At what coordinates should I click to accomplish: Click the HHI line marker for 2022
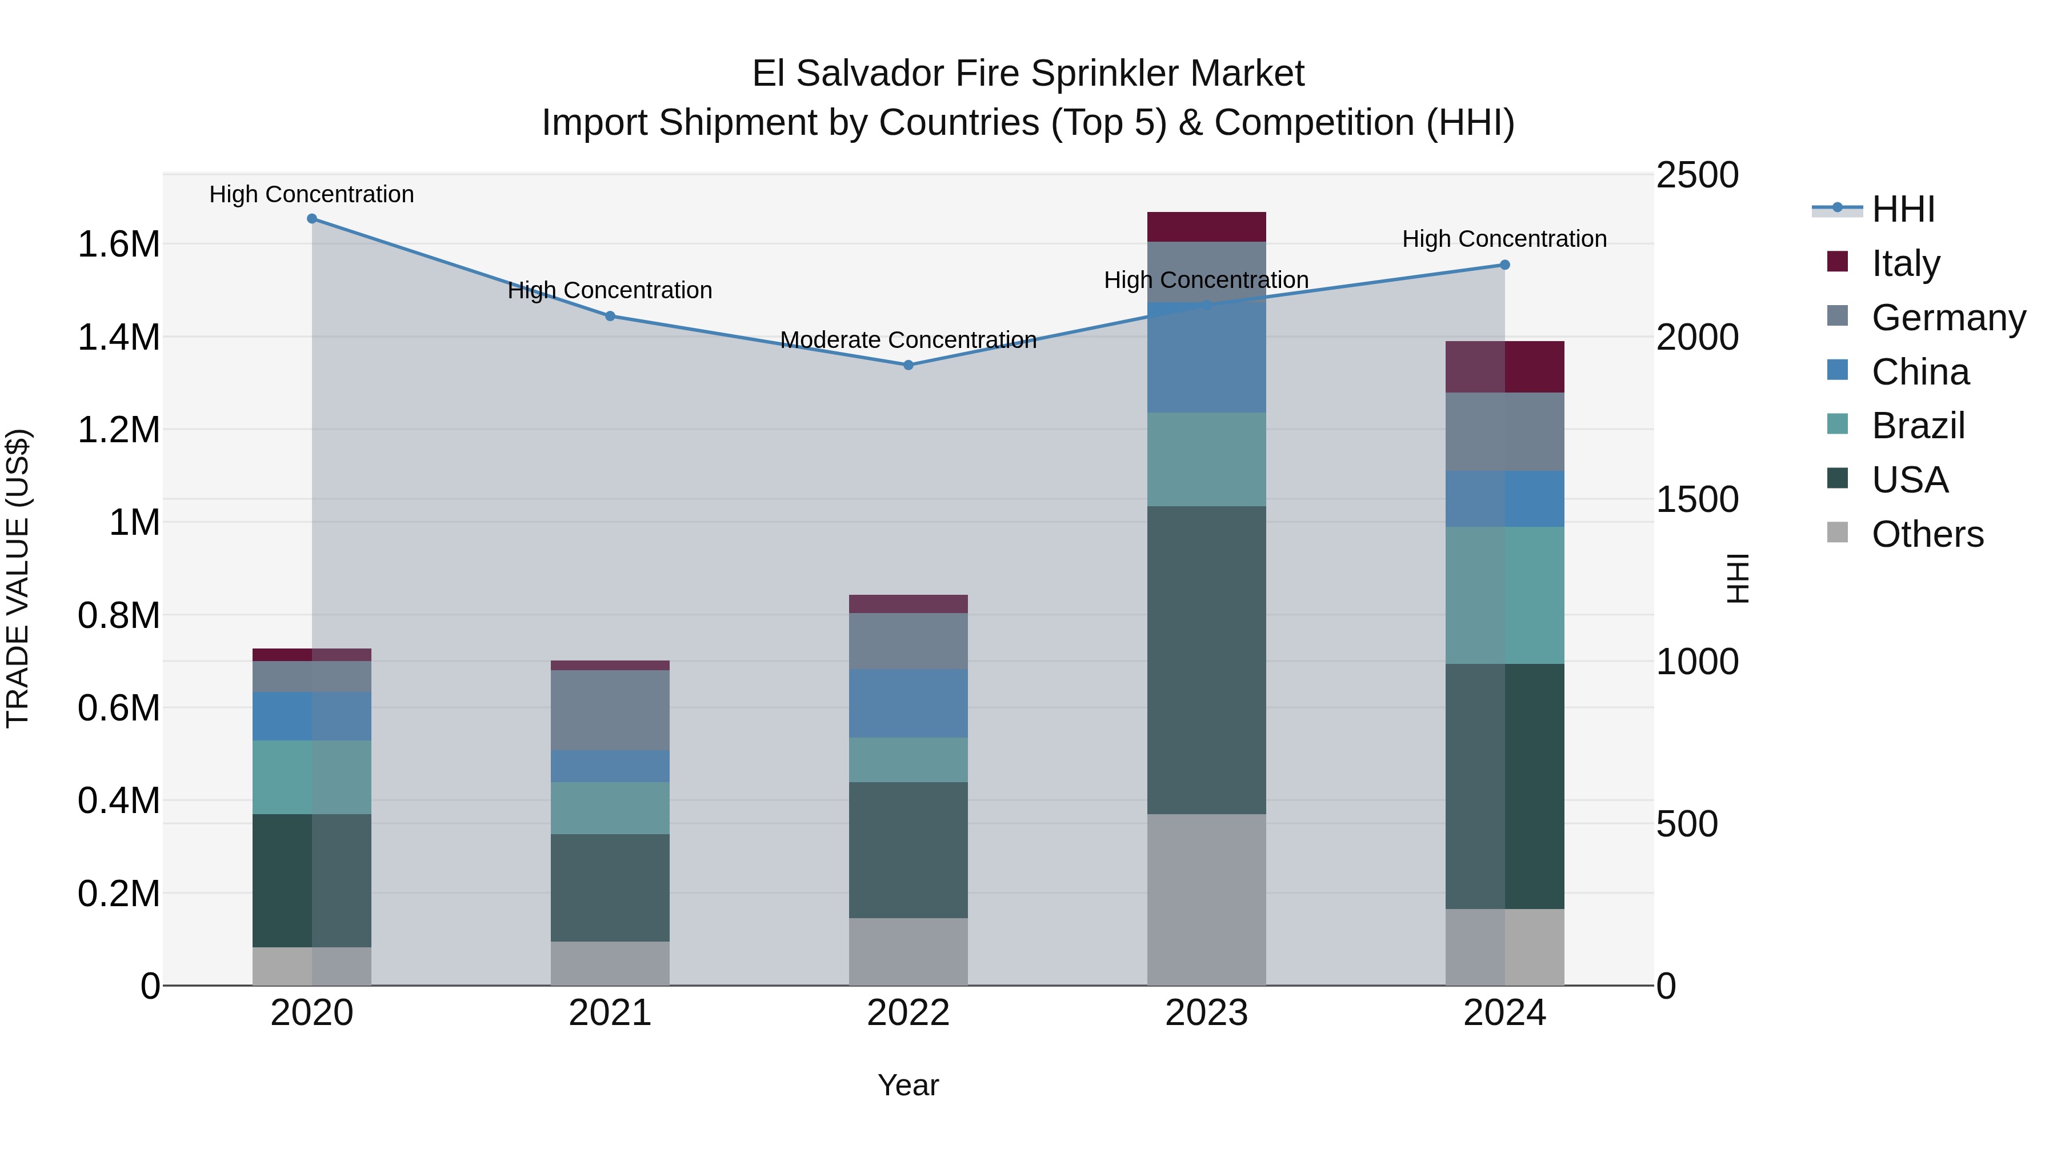click(x=908, y=365)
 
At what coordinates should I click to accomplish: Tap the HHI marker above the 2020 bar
click(x=312, y=219)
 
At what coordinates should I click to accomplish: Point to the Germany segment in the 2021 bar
click(x=610, y=710)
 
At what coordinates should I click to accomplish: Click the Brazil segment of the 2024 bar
click(x=1504, y=595)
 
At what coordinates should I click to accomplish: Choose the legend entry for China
click(x=1920, y=372)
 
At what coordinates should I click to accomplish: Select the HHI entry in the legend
click(x=1902, y=209)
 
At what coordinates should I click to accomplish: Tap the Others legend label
click(x=1927, y=534)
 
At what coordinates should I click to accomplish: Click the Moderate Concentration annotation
click(x=908, y=340)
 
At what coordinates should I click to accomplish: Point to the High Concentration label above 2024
click(x=1504, y=239)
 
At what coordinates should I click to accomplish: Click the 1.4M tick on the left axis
click(x=118, y=337)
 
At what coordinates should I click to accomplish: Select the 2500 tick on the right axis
click(x=1697, y=175)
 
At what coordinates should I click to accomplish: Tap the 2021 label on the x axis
click(x=610, y=1013)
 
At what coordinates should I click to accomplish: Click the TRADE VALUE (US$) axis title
click(x=18, y=578)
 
